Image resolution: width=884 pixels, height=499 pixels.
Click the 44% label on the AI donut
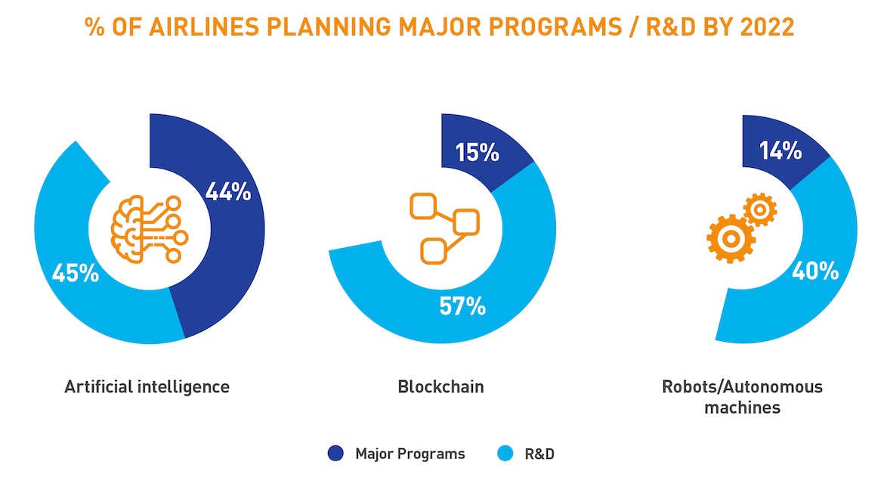click(227, 192)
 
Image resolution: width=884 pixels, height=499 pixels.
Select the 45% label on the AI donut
click(75, 273)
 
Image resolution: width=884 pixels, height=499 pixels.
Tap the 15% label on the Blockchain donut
click(477, 153)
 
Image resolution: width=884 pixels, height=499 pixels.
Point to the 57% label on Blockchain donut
click(462, 306)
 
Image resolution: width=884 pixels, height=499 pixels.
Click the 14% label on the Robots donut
click(780, 151)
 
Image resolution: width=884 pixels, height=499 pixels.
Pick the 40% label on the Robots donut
click(814, 271)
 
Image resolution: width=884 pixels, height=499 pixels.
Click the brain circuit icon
click(148, 229)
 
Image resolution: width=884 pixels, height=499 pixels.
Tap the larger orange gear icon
click(731, 239)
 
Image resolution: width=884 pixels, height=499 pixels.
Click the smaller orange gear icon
click(760, 209)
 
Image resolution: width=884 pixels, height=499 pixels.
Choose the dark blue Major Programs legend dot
click(335, 454)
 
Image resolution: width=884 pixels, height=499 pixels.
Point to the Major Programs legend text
click(410, 454)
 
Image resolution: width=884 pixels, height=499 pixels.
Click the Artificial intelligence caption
click(147, 387)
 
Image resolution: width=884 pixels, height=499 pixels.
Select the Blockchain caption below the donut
click(440, 387)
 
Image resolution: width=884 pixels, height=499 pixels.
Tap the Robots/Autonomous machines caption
click(742, 397)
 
